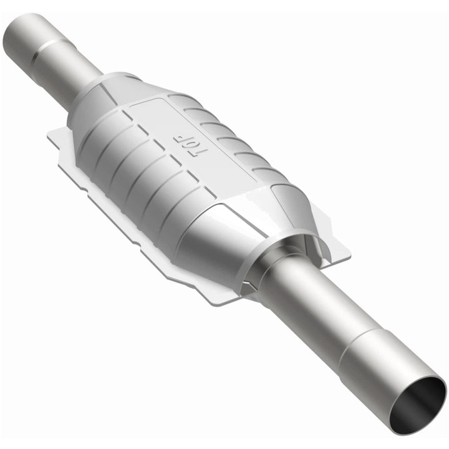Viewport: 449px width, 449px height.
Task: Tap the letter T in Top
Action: tap(195, 152)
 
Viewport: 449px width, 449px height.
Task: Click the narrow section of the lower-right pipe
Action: tap(312, 306)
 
